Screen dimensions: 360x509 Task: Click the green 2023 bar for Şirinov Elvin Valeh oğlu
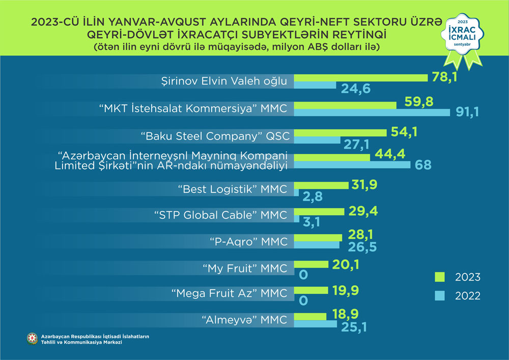pyautogui.click(x=361, y=77)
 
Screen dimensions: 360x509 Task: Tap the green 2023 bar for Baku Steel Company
pyautogui.click(x=341, y=132)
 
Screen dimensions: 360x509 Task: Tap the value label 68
pyautogui.click(x=422, y=165)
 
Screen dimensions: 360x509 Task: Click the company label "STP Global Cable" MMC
pyautogui.click(x=220, y=215)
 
